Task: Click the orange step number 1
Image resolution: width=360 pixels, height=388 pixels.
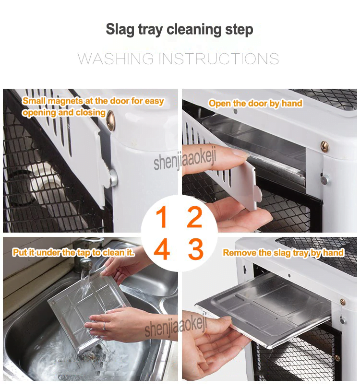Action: point(161,217)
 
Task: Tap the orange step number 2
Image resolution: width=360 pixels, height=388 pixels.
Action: point(194,217)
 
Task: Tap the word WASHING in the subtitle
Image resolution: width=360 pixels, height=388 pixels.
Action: point(115,59)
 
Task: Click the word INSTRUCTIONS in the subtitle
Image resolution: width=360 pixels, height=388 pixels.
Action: point(218,59)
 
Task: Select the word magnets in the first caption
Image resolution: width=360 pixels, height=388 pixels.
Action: point(65,101)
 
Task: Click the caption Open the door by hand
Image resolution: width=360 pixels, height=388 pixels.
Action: point(255,104)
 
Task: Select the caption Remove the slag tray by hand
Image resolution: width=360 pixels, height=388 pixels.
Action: point(283,253)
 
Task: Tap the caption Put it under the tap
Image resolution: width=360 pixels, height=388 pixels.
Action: point(73,252)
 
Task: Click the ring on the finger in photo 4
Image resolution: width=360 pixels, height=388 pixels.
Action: point(104,326)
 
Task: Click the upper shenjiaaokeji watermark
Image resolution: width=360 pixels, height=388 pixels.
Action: point(185,158)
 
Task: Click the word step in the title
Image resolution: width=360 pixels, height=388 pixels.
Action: point(239,30)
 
